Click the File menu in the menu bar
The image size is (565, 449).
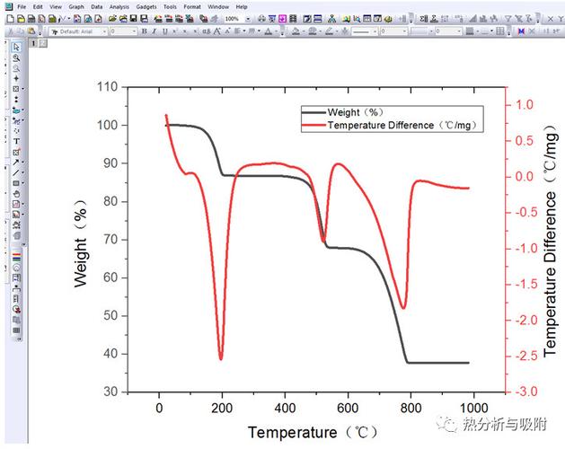(x=21, y=6)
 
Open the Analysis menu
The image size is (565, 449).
(x=119, y=6)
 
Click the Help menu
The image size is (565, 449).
(x=242, y=6)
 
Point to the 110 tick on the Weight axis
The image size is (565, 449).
(x=108, y=87)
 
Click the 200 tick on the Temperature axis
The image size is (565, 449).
(x=222, y=405)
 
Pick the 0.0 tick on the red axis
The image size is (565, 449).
(x=526, y=176)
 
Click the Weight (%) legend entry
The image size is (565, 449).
(x=357, y=112)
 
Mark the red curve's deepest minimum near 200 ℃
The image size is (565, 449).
(x=221, y=358)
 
